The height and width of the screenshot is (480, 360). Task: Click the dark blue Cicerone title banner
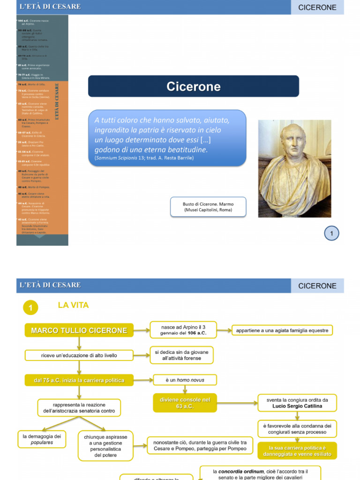[193, 86]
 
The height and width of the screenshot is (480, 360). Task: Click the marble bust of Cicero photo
[294, 168]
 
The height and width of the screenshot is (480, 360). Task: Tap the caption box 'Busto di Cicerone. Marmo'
[208, 207]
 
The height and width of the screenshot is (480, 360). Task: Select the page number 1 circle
[331, 233]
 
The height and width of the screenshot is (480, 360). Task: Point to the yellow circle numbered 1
[30, 307]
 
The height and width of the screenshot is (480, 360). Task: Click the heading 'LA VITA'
[73, 305]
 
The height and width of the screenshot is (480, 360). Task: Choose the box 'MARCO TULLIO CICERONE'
[79, 330]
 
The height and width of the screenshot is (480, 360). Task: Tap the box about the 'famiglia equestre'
[282, 330]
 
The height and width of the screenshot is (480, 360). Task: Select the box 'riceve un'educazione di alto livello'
[79, 355]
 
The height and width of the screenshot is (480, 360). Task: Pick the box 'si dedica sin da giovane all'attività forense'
[181, 355]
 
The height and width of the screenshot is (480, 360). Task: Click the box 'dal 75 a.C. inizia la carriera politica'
[79, 380]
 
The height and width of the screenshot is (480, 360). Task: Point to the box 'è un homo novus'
[185, 380]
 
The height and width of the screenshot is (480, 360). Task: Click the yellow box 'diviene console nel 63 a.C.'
[185, 403]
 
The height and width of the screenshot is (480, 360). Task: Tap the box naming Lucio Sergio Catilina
[297, 403]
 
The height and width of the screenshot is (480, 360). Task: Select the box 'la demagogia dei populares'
[42, 439]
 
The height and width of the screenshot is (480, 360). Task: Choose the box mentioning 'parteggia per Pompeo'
[200, 445]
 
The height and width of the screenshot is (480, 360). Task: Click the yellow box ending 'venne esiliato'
[297, 451]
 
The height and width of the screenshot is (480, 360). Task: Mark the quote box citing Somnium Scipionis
[167, 138]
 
